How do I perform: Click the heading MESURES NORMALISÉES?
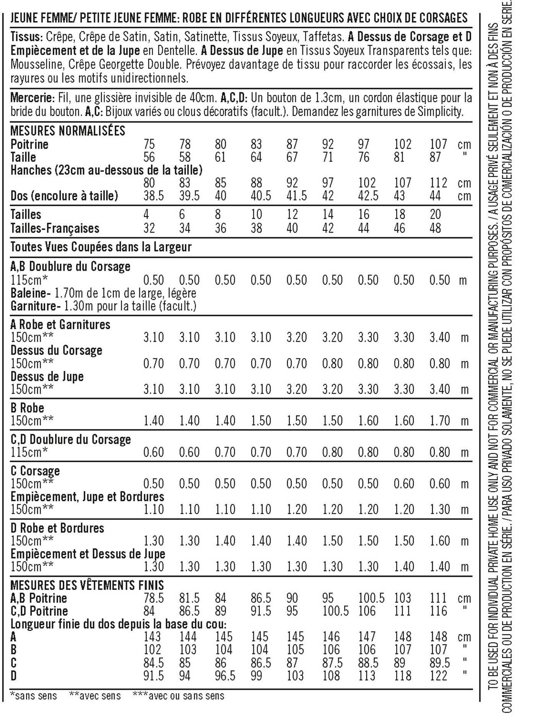(x=68, y=131)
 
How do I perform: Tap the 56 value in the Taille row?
(x=149, y=157)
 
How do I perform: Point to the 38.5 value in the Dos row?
(x=153, y=196)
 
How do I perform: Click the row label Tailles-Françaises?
(x=55, y=228)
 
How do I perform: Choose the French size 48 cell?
(x=435, y=228)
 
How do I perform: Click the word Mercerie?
(x=32, y=98)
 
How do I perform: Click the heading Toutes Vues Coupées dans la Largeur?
(x=101, y=247)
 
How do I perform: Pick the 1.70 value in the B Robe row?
(x=439, y=421)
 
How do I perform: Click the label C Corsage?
(x=35, y=471)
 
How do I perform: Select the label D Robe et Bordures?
(x=57, y=528)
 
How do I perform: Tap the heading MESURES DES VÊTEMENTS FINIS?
(x=87, y=585)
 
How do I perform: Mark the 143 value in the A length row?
(x=152, y=637)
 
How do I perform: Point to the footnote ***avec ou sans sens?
(x=178, y=695)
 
